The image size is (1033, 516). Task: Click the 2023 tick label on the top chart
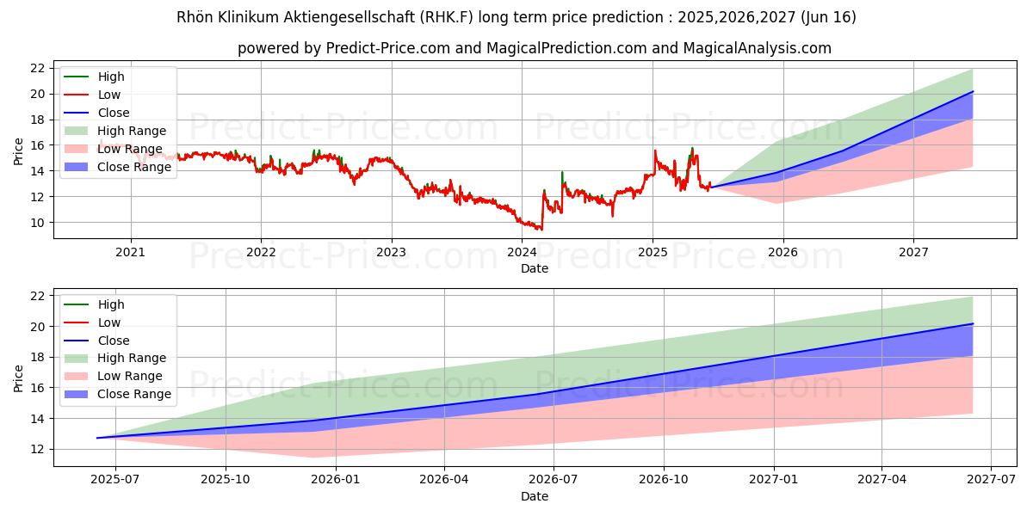(x=391, y=252)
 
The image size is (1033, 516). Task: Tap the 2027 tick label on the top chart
(x=913, y=252)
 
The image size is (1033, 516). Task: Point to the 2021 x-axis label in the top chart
(x=130, y=252)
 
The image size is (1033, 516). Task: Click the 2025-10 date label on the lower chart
(x=225, y=480)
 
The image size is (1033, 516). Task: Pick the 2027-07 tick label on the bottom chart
(x=991, y=480)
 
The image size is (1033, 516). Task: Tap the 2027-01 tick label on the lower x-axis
(x=774, y=480)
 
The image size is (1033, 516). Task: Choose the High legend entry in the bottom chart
(x=110, y=304)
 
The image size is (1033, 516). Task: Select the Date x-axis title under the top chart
(x=535, y=268)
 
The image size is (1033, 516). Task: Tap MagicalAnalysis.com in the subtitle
(x=757, y=48)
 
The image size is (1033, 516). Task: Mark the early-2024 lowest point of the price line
(x=540, y=230)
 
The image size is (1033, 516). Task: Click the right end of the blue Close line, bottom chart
(x=973, y=323)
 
